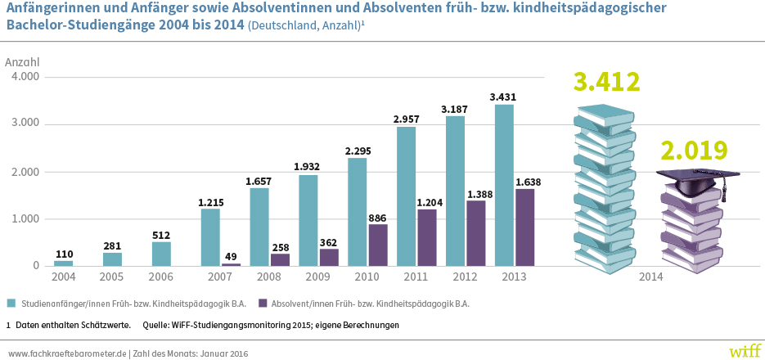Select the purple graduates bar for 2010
click(378, 245)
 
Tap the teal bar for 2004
click(64, 263)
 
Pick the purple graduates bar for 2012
click(476, 233)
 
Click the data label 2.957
click(407, 119)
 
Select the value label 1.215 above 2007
click(210, 201)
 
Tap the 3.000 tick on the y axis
click(25, 124)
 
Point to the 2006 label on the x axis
click(161, 277)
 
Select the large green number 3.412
click(606, 83)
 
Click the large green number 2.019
click(695, 151)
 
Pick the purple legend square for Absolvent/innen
click(263, 304)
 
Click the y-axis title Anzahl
click(22, 62)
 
